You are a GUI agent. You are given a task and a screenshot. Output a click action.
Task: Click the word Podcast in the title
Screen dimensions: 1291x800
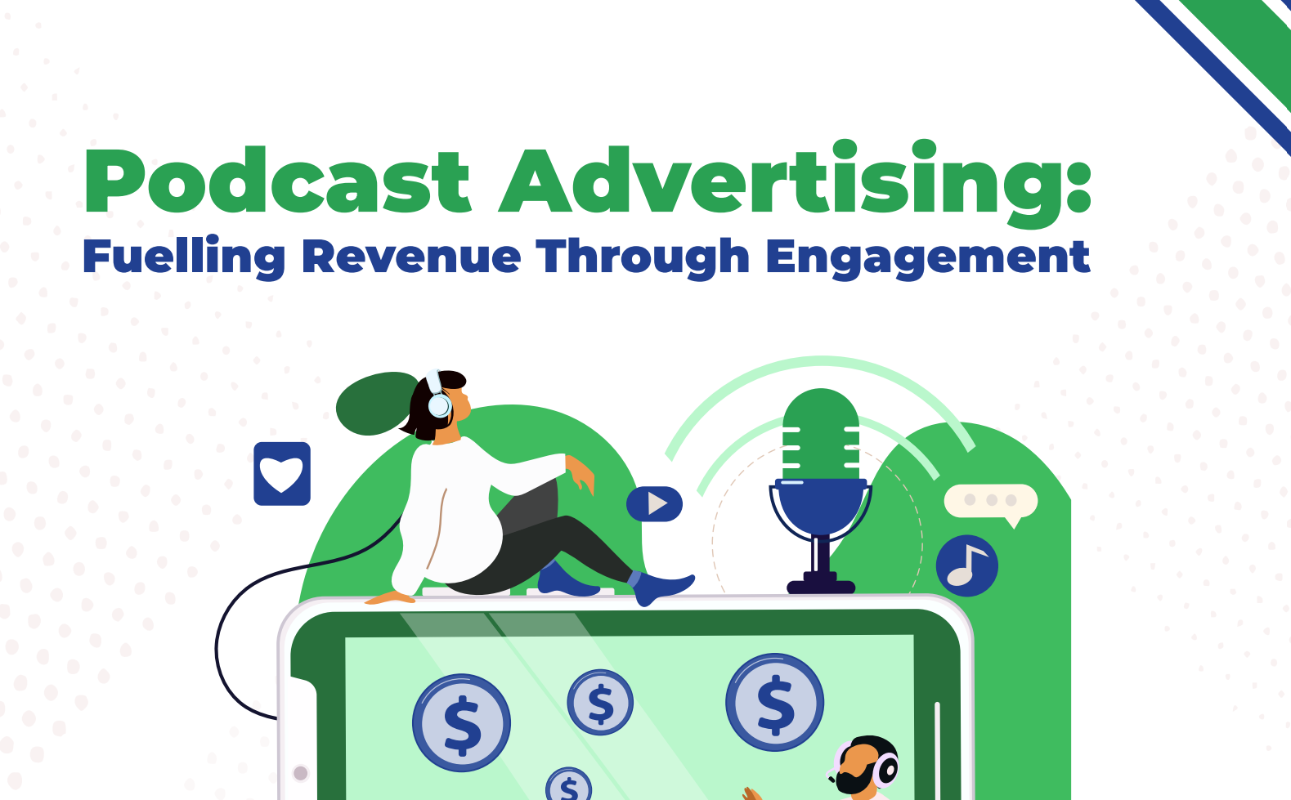[x=277, y=180]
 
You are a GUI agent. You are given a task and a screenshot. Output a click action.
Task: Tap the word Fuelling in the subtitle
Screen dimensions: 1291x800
[x=184, y=257]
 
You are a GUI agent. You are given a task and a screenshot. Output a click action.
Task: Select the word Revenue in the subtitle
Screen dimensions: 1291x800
[x=411, y=257]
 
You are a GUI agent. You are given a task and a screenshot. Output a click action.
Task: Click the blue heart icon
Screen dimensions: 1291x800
[x=282, y=473]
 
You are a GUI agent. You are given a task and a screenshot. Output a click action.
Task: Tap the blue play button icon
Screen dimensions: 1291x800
[x=654, y=504]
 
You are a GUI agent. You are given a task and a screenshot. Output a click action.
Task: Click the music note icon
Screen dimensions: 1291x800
[x=966, y=565]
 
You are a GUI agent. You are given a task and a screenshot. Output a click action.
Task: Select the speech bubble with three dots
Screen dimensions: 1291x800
[x=991, y=503]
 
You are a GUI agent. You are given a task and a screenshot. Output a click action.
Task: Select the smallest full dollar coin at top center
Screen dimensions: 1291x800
[x=600, y=702]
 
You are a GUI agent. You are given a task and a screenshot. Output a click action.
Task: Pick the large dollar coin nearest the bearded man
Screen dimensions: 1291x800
[x=774, y=702]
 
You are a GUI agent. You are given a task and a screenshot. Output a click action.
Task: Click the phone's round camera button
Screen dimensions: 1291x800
[x=300, y=773]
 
